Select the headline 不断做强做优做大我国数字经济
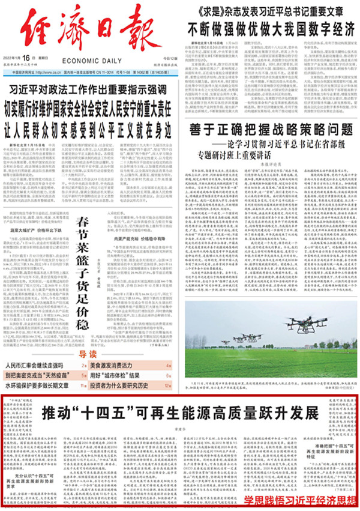coord(271,29)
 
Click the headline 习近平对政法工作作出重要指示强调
coord(91,90)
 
